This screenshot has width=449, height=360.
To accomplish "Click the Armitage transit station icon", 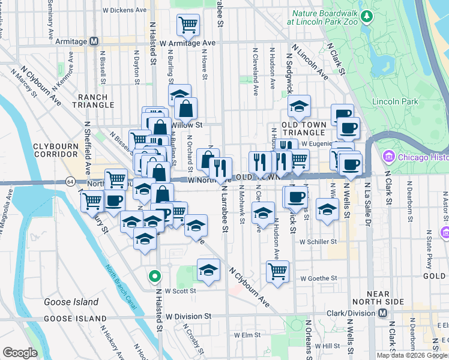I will pos(94,41).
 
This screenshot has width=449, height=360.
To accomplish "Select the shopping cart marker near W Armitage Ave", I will pos(187,25).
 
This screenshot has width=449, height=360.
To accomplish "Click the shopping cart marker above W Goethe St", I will pos(277,271).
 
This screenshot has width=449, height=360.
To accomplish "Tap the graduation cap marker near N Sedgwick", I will pos(299,107).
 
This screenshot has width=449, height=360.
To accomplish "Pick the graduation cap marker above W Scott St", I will pos(209,270).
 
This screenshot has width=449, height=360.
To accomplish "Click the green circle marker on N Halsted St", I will pos(155,277).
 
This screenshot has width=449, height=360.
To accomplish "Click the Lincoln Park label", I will pos(395,102).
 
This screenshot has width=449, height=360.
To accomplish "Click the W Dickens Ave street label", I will pos(127,10).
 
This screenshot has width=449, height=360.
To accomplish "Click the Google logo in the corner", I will pos(20,353).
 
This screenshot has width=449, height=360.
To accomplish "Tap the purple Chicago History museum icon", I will pos(388,157).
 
